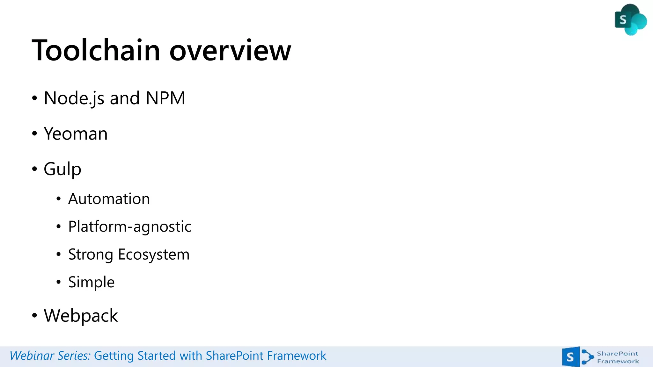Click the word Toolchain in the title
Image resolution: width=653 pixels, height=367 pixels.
[x=96, y=50]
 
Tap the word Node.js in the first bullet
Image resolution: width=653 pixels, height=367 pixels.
[x=74, y=98]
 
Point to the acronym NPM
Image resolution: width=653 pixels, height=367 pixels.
[x=165, y=98]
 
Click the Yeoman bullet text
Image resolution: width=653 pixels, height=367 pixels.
[x=76, y=134]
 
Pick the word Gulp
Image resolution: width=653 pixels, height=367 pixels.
[x=62, y=169]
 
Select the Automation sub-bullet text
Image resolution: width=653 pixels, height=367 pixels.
[x=109, y=199]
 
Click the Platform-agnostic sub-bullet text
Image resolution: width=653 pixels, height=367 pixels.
[x=130, y=227]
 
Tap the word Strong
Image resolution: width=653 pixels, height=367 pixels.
[x=91, y=255]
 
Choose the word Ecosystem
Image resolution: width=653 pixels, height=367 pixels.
[x=154, y=255]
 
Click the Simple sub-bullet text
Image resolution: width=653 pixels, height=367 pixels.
[x=91, y=282]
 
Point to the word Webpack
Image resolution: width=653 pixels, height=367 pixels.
[x=81, y=316]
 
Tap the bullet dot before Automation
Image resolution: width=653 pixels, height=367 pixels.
[x=58, y=199]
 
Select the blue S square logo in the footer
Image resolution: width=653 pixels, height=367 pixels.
[x=570, y=357]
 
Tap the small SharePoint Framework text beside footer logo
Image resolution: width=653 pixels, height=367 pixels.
[x=618, y=357]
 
